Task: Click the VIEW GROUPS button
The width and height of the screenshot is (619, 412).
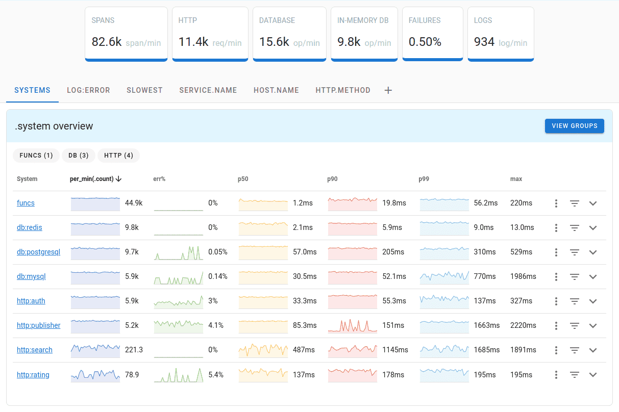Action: pyautogui.click(x=574, y=126)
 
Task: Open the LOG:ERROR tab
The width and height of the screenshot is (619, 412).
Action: pyautogui.click(x=88, y=90)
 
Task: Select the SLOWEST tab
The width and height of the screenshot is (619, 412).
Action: pyautogui.click(x=144, y=90)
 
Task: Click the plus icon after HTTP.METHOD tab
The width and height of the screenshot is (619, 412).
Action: pyautogui.click(x=388, y=90)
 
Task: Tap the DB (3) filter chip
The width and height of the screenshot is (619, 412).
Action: pyautogui.click(x=79, y=156)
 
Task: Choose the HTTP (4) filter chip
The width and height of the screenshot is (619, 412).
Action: pyautogui.click(x=118, y=156)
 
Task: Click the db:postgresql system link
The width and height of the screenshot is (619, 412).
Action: pyautogui.click(x=39, y=252)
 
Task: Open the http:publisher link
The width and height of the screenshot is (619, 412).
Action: pyautogui.click(x=39, y=325)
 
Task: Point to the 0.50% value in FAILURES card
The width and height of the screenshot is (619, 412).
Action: pyautogui.click(x=425, y=42)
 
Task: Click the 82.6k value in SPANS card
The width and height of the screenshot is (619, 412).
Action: pyautogui.click(x=107, y=42)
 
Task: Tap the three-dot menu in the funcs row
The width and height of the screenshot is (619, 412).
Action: pyautogui.click(x=556, y=203)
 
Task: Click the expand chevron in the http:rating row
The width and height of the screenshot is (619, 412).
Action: pyautogui.click(x=592, y=375)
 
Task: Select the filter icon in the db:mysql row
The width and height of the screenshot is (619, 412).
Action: pyautogui.click(x=575, y=277)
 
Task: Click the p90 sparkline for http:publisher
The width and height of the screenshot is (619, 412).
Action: pyautogui.click(x=353, y=325)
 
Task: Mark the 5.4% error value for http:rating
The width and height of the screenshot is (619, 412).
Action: pyautogui.click(x=216, y=375)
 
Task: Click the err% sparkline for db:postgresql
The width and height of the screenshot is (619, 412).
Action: pyautogui.click(x=179, y=252)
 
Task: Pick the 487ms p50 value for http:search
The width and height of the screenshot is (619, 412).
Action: pyautogui.click(x=304, y=350)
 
